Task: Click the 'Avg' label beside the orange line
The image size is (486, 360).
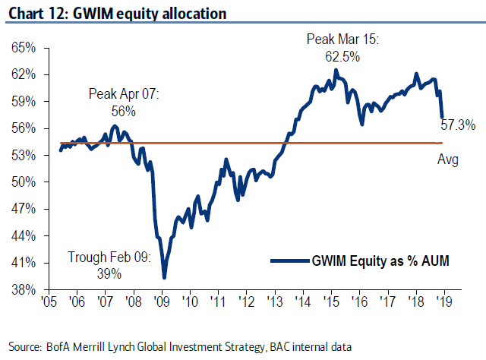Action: pyautogui.click(x=448, y=159)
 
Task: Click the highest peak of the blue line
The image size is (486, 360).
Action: pyautogui.click(x=336, y=70)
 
